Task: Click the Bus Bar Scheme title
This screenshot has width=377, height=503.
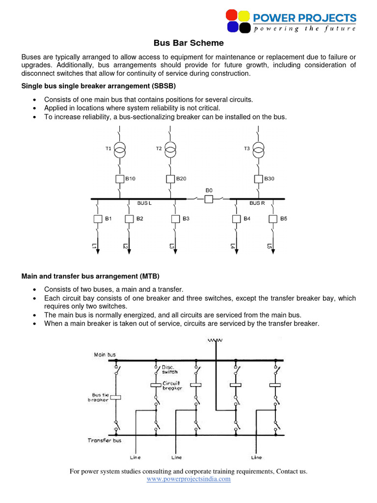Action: pos(188,43)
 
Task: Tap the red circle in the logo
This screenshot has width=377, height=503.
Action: pos(232,15)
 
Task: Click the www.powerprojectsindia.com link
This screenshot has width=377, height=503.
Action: pos(188,479)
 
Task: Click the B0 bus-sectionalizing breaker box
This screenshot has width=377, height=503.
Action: pos(209,199)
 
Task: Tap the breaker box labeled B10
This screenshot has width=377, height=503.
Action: pos(119,179)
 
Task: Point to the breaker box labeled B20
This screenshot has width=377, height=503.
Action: pos(170,179)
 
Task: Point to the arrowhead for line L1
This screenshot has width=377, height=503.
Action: pos(98,251)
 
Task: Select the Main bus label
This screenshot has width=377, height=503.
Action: pos(105,354)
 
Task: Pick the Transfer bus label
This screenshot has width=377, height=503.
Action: pos(104,441)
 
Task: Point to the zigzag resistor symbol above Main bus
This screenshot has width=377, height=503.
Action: pos(215,340)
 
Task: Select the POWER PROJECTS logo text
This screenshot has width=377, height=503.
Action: pos(304,19)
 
